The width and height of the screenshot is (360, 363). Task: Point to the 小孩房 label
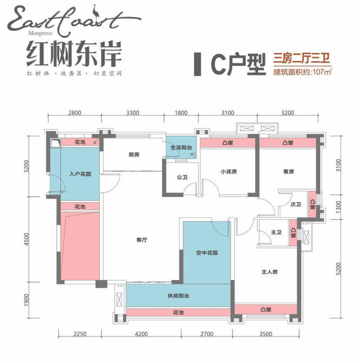228,171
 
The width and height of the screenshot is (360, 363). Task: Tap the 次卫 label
295,205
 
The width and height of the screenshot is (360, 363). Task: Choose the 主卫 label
276,233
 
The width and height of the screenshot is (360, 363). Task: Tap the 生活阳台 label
181,148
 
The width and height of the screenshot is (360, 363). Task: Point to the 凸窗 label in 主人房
266,309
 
